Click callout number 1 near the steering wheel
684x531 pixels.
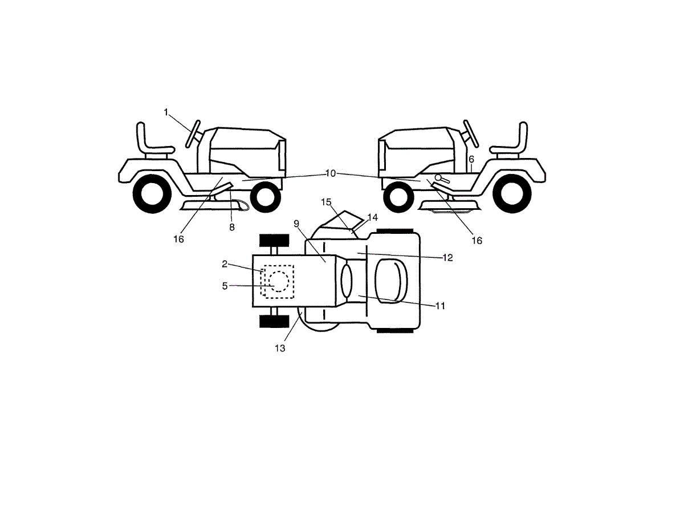click(166, 112)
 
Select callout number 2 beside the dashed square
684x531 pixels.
click(225, 264)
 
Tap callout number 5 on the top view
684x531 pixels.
click(225, 286)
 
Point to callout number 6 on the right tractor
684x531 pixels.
click(471, 160)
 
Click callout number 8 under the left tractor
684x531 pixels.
click(231, 226)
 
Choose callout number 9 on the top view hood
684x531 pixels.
click(296, 224)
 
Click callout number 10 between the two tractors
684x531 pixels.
click(331, 173)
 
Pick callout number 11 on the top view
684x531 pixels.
click(439, 306)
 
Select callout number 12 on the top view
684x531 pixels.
click(447, 258)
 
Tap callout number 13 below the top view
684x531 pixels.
click(279, 348)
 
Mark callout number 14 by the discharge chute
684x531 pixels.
click(373, 217)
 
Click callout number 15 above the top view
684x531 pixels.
click(326, 202)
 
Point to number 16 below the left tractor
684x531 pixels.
click(179, 240)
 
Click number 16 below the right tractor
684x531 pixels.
click(477, 241)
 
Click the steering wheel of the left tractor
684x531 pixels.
click(193, 134)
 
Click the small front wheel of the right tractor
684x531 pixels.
click(398, 197)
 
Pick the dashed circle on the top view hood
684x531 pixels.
click(278, 282)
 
